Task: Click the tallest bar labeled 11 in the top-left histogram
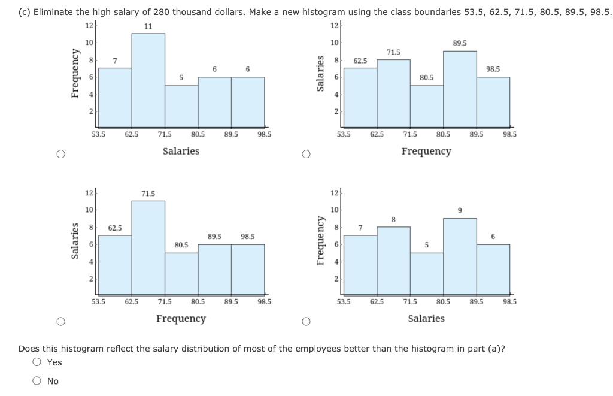[x=148, y=80]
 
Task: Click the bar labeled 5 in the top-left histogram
[x=181, y=106]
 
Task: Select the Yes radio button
[x=38, y=362]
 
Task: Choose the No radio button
[x=38, y=381]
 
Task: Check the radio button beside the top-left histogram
[x=60, y=154]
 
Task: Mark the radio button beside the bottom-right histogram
[x=305, y=322]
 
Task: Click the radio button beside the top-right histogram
[x=305, y=154]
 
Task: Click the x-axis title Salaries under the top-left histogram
[x=181, y=151]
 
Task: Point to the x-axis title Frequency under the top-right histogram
[x=426, y=151]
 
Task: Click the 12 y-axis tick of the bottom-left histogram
[x=89, y=192]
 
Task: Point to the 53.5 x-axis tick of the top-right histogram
[x=344, y=135]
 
